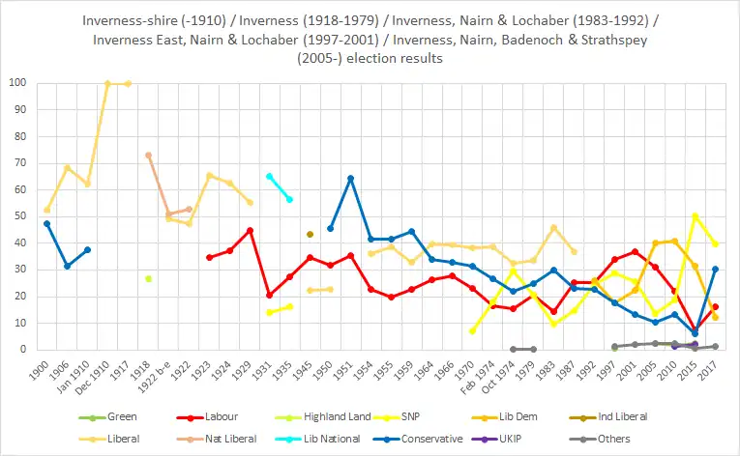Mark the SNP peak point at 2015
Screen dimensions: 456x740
pos(695,215)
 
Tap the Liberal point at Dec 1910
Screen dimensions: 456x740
pos(107,83)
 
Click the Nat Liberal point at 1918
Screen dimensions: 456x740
pos(148,155)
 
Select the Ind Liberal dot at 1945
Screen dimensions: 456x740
pos(310,234)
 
